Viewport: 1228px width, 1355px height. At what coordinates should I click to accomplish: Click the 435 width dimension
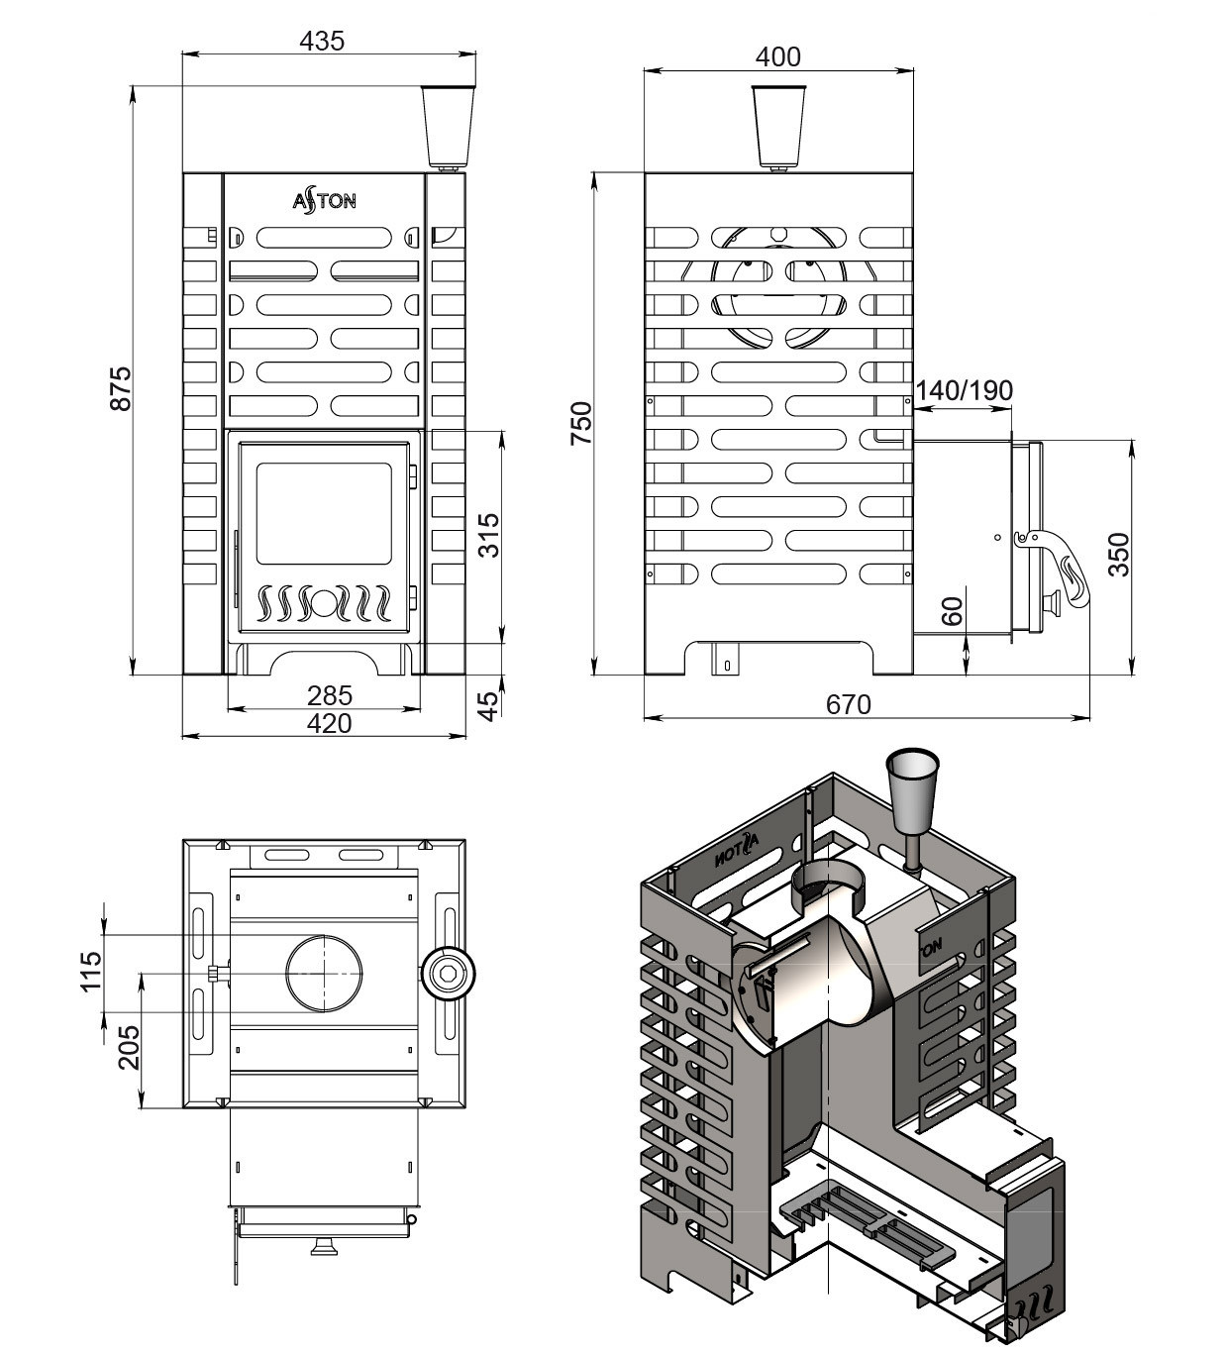point(322,42)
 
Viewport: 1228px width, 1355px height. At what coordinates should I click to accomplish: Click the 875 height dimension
point(122,388)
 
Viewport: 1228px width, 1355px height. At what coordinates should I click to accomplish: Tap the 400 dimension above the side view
point(777,56)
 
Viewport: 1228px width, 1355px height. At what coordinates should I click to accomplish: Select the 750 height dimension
point(581,423)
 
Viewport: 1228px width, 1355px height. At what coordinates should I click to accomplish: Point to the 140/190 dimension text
point(964,390)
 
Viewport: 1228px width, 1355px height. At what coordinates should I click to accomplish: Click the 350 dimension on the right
point(1119,554)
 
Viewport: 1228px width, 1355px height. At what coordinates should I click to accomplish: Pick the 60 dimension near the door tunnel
point(952,611)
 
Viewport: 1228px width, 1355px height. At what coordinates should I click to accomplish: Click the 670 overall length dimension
point(849,705)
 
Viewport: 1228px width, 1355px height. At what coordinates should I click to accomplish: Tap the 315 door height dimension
point(489,535)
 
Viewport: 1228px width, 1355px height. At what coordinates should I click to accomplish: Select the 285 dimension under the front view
point(330,695)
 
